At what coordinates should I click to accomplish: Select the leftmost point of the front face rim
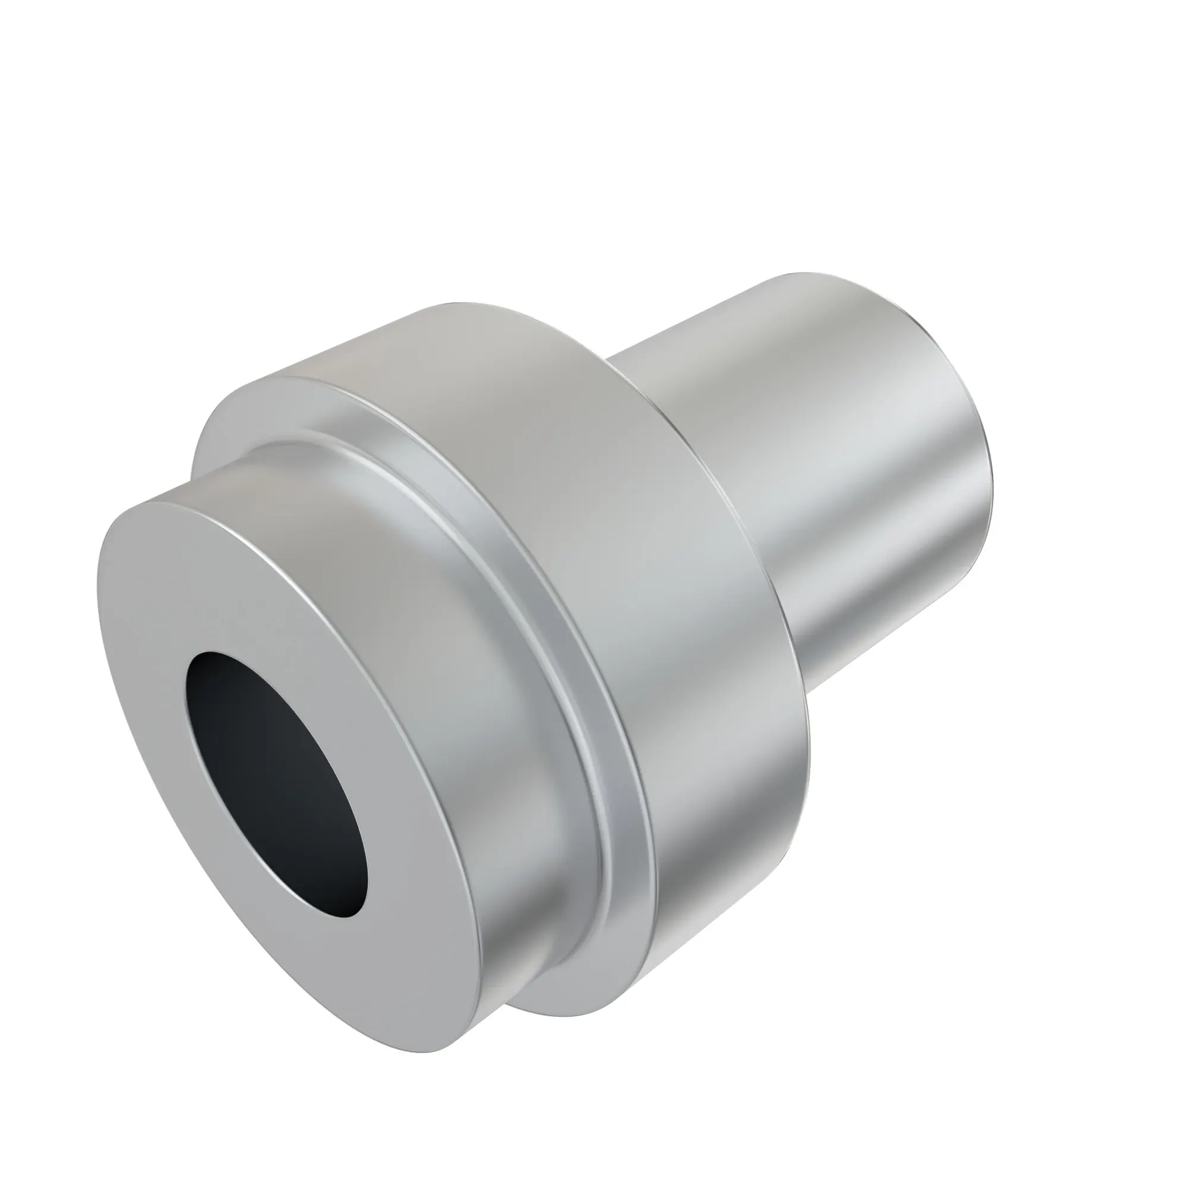click(x=99, y=578)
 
